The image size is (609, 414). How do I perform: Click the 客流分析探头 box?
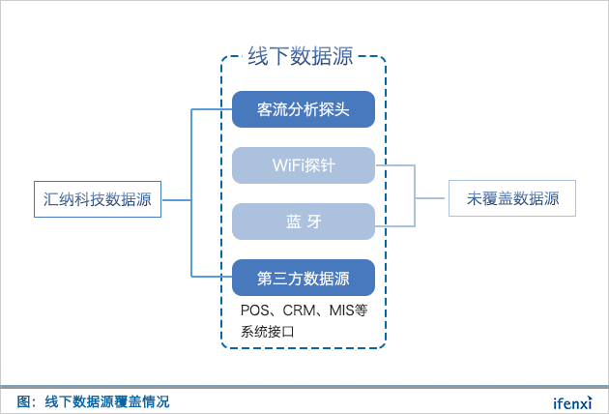point(303,109)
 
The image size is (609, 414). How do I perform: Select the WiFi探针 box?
point(303,165)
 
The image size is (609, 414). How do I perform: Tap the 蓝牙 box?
point(303,222)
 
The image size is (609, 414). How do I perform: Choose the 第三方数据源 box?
point(303,278)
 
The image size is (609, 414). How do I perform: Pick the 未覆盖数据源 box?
point(512,199)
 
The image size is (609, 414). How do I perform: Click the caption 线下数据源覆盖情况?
point(106,400)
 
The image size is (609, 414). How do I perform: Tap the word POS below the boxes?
point(253,311)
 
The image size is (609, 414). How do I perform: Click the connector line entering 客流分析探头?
point(213,109)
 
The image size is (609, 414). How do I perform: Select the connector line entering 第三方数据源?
point(213,278)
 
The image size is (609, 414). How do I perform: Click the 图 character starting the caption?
point(24,400)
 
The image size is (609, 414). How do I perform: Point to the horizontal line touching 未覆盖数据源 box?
point(432,199)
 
